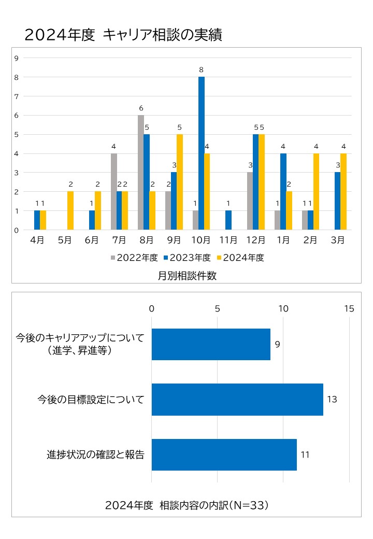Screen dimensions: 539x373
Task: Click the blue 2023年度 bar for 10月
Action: pyautogui.click(x=201, y=153)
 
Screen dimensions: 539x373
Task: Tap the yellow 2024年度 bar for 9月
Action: pyautogui.click(x=179, y=182)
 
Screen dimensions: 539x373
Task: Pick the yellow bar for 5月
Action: pyautogui.click(x=70, y=210)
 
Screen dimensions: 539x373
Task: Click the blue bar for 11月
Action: pyautogui.click(x=228, y=220)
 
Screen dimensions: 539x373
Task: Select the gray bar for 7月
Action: pyautogui.click(x=113, y=192)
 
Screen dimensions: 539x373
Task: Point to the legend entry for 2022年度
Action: pyautogui.click(x=134, y=258)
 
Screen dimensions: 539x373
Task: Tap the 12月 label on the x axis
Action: pyautogui.click(x=256, y=241)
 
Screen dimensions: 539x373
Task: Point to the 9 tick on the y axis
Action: pyautogui.click(x=17, y=58)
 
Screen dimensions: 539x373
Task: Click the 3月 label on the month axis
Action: pyautogui.click(x=338, y=241)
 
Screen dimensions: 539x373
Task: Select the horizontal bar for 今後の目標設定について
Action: pyautogui.click(x=237, y=400)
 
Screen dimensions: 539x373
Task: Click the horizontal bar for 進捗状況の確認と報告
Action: pyautogui.click(x=224, y=455)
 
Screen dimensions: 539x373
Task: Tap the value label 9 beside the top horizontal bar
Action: pyautogui.click(x=278, y=344)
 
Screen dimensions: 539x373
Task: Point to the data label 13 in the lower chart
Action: pyautogui.click(x=332, y=400)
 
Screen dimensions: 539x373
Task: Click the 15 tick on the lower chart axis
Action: pyautogui.click(x=349, y=309)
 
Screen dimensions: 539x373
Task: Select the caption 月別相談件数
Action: pyautogui.click(x=187, y=276)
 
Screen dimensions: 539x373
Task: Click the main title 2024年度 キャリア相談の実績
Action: pyautogui.click(x=123, y=35)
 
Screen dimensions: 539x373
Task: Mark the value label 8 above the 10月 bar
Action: pyautogui.click(x=201, y=69)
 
